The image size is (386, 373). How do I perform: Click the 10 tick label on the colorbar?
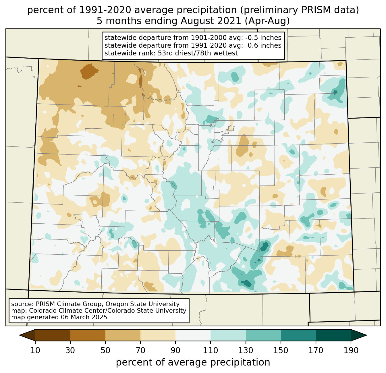click(35, 350)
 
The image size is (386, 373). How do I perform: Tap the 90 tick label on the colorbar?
click(175, 350)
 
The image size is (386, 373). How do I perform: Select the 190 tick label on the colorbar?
click(351, 350)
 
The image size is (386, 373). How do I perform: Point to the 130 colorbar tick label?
click(246, 350)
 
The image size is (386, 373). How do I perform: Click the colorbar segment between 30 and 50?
click(88, 335)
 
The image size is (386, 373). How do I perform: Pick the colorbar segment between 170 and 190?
click(333, 335)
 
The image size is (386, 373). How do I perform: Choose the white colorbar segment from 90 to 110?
click(193, 335)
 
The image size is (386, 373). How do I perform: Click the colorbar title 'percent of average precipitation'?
click(193, 362)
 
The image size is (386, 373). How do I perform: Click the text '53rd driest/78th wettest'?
click(198, 53)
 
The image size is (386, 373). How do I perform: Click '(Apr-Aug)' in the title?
click(269, 21)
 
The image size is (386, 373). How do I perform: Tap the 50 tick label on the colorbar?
click(105, 350)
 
